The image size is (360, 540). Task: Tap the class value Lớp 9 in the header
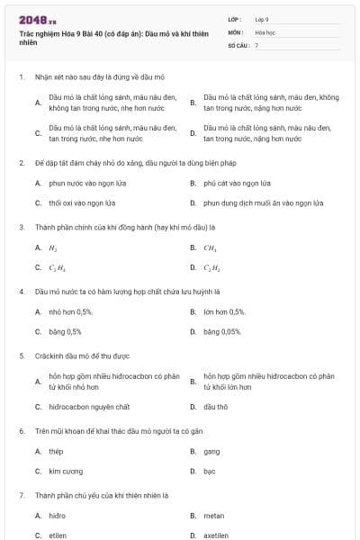coord(262,19)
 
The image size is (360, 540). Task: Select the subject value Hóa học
coord(265,31)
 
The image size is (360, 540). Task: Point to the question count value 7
coord(256,44)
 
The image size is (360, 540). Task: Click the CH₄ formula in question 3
coord(210,247)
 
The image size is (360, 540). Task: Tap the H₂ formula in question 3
coord(53,247)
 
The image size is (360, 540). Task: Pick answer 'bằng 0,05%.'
coord(222,331)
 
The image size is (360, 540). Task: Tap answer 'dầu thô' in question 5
coord(215,406)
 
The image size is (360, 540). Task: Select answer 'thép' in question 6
coord(56,451)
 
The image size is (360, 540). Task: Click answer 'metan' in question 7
coord(214,516)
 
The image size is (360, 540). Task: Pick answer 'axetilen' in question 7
coord(216,535)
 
